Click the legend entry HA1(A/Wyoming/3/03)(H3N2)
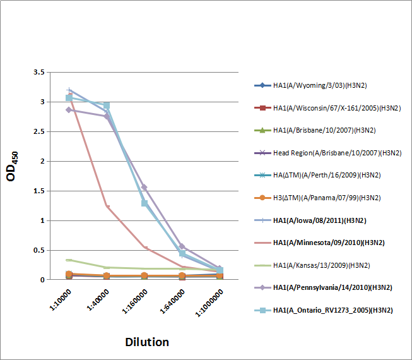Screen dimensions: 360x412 coord(327,85)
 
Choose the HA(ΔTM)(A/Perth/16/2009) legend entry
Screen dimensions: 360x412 coord(328,175)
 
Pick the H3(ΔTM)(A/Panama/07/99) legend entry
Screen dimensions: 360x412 coord(328,198)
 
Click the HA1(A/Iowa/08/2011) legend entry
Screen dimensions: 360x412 coord(321,220)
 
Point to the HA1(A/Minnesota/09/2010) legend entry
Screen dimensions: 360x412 coord(329,243)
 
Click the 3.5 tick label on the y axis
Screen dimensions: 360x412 coord(38,73)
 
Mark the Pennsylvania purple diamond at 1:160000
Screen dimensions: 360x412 coord(144,187)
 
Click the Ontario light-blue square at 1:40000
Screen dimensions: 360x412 coord(107,105)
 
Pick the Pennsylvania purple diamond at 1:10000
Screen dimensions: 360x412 coord(69,110)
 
